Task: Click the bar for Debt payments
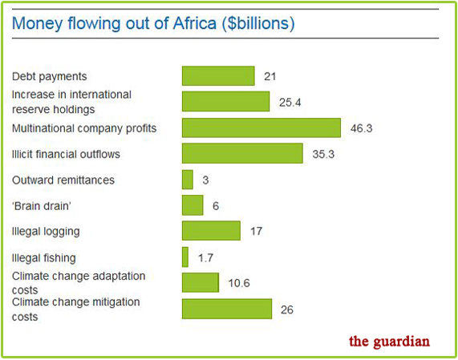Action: click(218, 76)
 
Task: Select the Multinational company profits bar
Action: click(261, 127)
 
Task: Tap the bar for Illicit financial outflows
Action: click(242, 153)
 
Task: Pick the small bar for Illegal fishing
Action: click(185, 257)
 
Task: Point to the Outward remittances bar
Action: click(188, 180)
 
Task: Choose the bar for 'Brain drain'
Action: click(193, 205)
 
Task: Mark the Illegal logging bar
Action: click(211, 231)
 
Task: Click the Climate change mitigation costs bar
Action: click(227, 309)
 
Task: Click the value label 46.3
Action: click(362, 128)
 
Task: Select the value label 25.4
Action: click(290, 103)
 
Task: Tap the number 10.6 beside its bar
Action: click(239, 283)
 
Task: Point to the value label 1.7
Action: click(205, 258)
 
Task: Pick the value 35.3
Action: click(323, 154)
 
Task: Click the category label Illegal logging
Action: click(46, 232)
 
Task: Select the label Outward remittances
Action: click(63, 180)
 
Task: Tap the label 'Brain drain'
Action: click(42, 206)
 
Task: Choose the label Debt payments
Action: click(50, 76)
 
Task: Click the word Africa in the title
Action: click(195, 23)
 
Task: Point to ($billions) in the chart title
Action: click(258, 24)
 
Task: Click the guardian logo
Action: click(389, 341)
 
